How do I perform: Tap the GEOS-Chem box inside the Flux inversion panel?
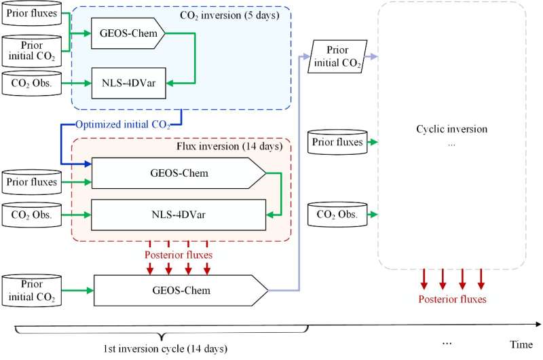coord(179,173)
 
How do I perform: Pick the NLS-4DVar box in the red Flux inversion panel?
coord(179,215)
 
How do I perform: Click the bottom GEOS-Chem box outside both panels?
coord(181,290)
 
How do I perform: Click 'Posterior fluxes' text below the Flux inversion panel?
coord(178,255)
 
